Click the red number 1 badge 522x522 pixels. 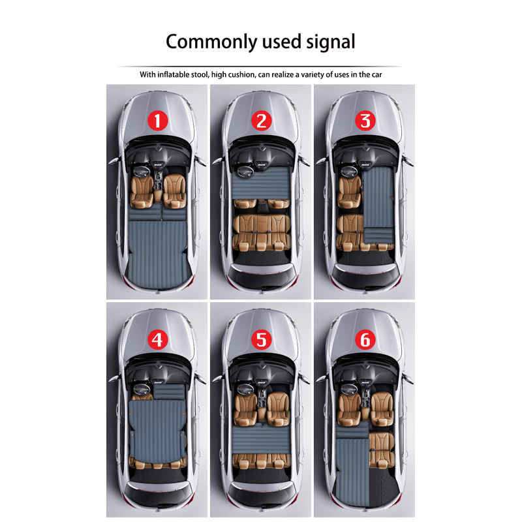157,121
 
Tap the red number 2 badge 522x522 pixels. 262,121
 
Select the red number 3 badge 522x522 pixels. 365,121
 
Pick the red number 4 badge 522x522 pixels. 157,339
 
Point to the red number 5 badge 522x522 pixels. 262,339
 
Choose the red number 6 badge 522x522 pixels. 365,339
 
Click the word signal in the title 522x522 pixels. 331,42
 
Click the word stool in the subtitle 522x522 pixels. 200,74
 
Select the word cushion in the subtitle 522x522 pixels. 243,74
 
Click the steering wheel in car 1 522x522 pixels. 142,172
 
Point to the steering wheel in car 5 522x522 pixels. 246,390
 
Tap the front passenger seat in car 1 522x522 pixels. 174,191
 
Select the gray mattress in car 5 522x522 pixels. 262,439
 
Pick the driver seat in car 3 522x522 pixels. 349,192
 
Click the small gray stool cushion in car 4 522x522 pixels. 169,391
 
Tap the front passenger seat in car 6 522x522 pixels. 382,410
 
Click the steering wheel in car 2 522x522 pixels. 246,172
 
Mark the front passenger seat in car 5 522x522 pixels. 278,410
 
